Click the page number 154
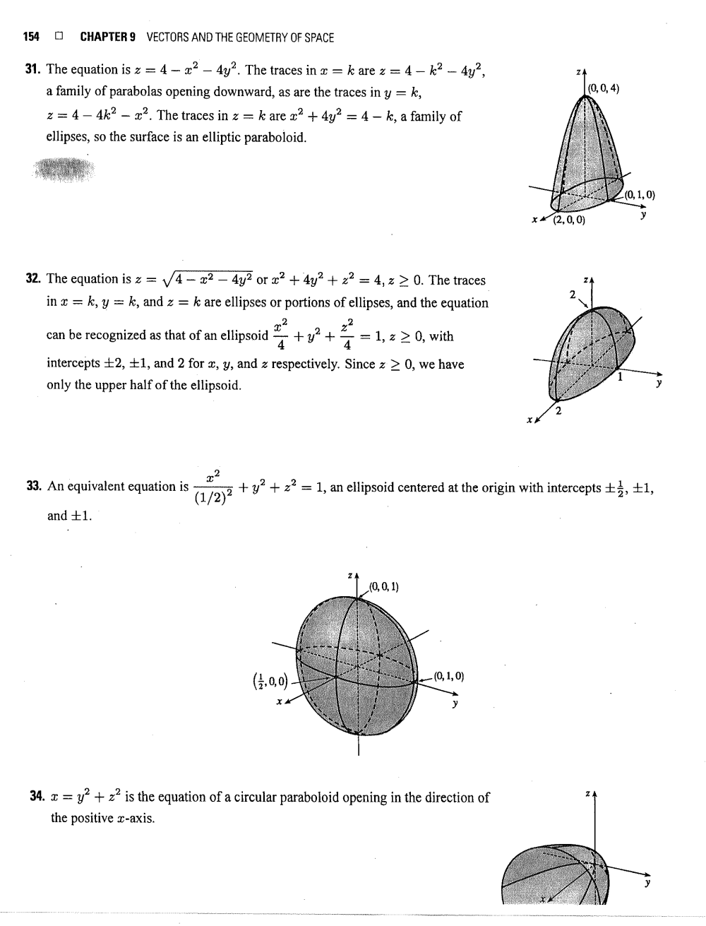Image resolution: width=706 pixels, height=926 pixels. point(31,37)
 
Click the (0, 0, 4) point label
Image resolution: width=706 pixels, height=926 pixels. point(604,88)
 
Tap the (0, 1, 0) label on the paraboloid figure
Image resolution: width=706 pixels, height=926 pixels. point(640,195)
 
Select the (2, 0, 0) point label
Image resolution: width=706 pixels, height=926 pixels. point(568,220)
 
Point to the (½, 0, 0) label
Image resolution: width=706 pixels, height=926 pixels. point(270,681)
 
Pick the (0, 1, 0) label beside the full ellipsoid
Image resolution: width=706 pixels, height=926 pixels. point(449,675)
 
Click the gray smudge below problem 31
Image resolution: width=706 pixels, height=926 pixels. point(64,170)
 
